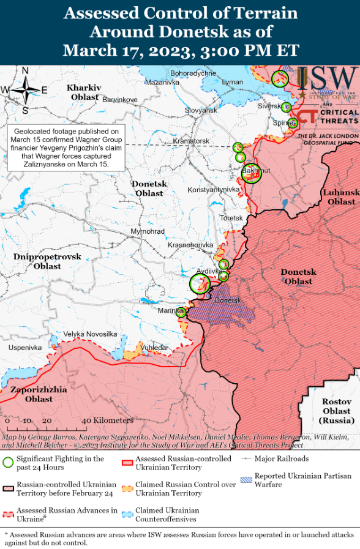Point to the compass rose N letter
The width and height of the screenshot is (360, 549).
25,71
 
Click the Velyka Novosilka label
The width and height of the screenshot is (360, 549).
90,334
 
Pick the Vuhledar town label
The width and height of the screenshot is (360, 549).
154,347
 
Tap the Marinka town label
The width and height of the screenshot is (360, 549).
171,312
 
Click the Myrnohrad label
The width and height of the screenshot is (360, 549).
148,232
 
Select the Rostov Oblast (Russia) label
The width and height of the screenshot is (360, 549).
336,411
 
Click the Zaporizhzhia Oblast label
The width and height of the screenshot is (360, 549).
30,394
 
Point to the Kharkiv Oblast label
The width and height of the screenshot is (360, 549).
84,92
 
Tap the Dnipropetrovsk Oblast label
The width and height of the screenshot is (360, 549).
47,261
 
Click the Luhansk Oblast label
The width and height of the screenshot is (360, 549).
340,197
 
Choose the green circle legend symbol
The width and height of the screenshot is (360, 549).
8,463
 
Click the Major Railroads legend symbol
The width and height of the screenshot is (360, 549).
247,458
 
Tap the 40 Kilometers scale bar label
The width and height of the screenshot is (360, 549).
107,420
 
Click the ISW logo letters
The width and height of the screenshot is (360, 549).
327,78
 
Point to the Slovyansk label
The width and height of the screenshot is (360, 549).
201,111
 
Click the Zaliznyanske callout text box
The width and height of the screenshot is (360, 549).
66,148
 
